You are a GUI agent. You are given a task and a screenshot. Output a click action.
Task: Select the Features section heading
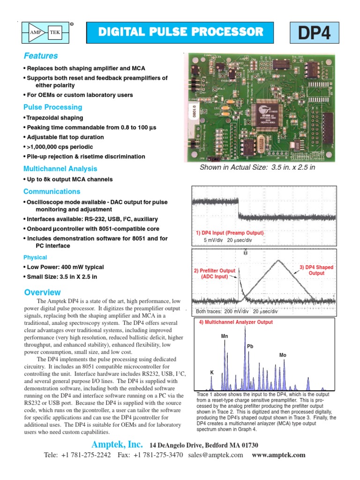(41, 56)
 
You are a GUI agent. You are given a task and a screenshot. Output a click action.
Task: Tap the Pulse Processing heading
(52, 107)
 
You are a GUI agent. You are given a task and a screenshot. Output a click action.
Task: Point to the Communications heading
(52, 191)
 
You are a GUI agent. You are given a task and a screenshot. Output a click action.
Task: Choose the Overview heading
(42, 292)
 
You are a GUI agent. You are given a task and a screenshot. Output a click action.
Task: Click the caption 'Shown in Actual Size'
(255, 167)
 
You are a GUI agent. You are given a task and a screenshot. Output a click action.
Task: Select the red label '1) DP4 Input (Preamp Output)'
(230, 233)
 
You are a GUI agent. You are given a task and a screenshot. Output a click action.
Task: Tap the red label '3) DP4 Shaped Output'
(316, 270)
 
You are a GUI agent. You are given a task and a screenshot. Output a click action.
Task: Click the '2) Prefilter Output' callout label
(214, 273)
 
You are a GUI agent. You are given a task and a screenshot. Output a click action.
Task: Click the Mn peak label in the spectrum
(225, 337)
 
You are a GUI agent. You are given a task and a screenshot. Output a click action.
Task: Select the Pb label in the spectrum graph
(250, 346)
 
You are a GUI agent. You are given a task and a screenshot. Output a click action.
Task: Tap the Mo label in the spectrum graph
(282, 355)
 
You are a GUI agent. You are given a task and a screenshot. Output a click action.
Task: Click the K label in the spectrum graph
(211, 372)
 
